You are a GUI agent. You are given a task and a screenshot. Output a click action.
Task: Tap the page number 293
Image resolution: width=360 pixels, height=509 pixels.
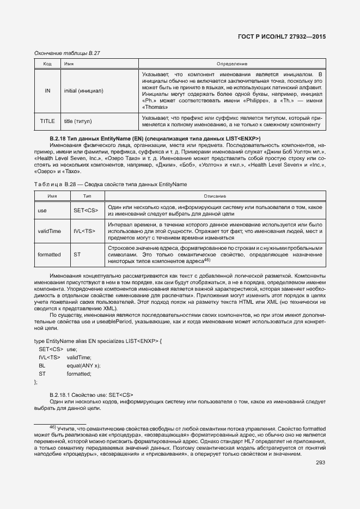pos(320,463)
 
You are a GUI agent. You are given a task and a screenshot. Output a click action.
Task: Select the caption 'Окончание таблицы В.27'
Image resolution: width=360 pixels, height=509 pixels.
pos(67,53)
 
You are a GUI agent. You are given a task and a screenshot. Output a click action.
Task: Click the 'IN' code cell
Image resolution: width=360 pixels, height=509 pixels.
pos(47,90)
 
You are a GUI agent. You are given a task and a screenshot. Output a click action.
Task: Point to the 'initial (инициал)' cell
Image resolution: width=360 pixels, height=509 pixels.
pos(83,90)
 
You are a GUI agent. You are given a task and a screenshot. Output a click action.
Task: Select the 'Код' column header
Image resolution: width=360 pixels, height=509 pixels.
pos(47,64)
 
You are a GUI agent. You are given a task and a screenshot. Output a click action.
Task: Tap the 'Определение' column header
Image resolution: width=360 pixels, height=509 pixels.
pos(231,64)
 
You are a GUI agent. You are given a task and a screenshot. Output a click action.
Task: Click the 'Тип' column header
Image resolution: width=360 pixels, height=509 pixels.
pos(87,195)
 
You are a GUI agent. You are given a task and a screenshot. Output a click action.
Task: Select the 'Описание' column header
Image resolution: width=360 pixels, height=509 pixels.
pos(215,195)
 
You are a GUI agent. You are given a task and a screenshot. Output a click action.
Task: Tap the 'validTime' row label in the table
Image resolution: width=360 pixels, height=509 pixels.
pos(49,231)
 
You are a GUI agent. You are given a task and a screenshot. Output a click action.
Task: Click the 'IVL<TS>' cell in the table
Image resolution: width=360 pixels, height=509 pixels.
pos(84,231)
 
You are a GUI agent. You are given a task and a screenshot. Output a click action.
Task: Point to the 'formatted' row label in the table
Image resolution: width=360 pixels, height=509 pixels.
pos(49,254)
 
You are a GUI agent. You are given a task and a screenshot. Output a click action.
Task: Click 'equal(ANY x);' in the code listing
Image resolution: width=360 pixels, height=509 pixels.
pos(84,365)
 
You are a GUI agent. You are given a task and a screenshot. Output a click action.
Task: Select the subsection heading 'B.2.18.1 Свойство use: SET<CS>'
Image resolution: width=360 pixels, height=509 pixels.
pos(91,394)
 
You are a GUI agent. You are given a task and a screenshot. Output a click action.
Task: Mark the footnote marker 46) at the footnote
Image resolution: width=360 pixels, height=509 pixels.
pos(53,427)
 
